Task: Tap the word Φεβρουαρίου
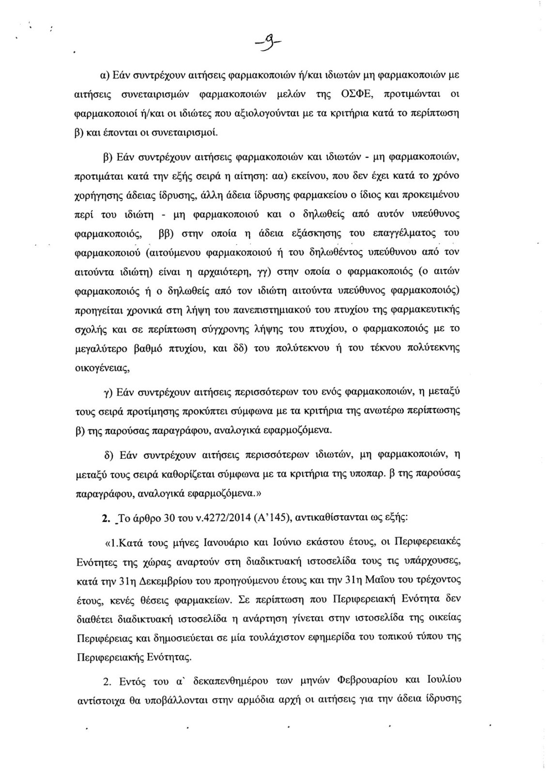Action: point(366,681)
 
